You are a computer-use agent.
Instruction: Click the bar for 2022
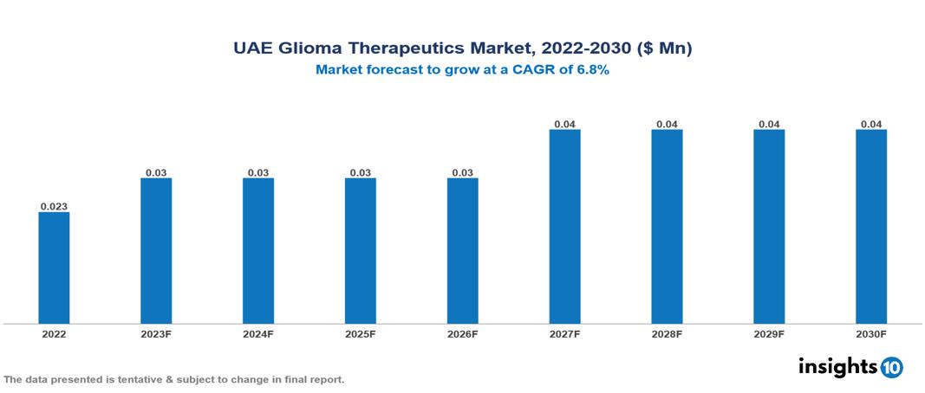[x=54, y=267]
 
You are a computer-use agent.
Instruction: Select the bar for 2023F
[x=156, y=251]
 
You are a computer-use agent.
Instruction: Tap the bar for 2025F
[x=360, y=251]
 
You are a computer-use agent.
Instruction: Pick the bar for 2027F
[x=564, y=227]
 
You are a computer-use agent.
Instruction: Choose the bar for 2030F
[x=871, y=227]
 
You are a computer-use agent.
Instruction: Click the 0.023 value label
[x=54, y=206]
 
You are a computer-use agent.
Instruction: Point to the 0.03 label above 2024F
[x=258, y=172]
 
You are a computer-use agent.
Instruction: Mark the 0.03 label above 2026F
[x=462, y=172]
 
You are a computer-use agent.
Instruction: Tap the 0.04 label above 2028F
[x=667, y=124]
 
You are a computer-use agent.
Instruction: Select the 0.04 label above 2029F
[x=769, y=124]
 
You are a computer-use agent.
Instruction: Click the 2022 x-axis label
[x=54, y=333]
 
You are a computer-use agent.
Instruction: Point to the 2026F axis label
[x=462, y=333]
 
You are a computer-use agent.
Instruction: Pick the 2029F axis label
[x=769, y=333]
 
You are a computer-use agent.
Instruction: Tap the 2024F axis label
[x=258, y=333]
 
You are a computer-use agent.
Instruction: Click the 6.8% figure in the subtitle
[x=592, y=70]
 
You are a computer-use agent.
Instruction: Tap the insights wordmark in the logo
[x=837, y=366]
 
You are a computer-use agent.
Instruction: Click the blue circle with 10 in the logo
[x=891, y=368]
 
